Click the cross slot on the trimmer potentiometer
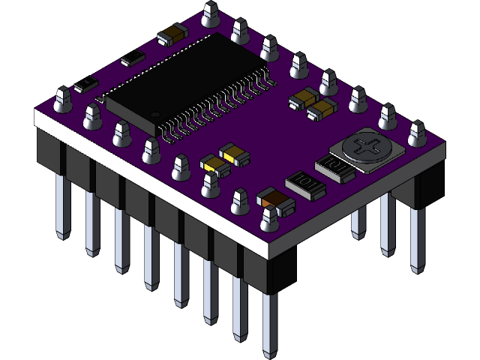coord(367,147)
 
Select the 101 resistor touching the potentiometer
coord(337,169)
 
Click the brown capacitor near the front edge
coord(274,201)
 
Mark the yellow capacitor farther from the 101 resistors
coord(232,154)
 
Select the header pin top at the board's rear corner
coord(210,11)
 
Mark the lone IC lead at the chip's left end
coord(100,98)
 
